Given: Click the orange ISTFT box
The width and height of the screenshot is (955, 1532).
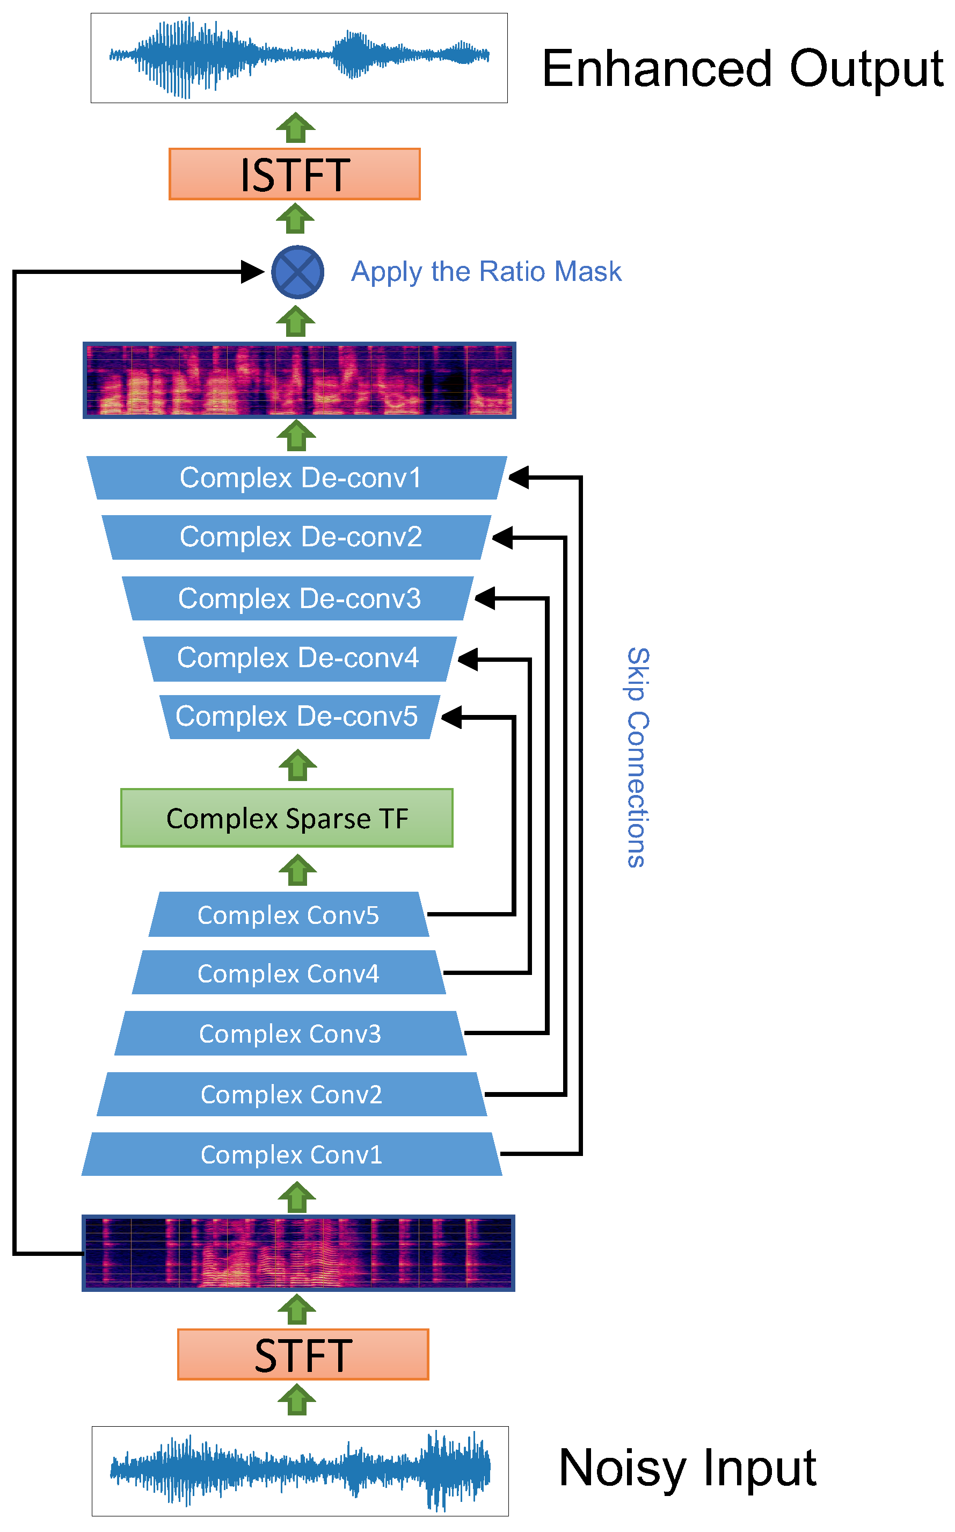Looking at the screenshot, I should (x=294, y=175).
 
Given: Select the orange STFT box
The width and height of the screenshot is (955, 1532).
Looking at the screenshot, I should (x=303, y=1354).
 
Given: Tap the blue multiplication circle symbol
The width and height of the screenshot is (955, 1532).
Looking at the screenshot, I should (x=297, y=272).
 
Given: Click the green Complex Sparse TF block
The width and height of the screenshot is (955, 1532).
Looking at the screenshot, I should (x=287, y=818).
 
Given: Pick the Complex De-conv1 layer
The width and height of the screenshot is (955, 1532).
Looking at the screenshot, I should (x=297, y=478).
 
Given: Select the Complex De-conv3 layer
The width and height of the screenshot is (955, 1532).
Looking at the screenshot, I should (x=297, y=598).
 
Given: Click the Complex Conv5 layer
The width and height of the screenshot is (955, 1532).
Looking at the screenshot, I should (x=289, y=914).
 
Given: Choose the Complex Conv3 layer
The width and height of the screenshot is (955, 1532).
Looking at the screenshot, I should (x=290, y=1034).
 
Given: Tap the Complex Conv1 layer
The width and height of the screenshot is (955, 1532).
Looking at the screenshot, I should (x=291, y=1154).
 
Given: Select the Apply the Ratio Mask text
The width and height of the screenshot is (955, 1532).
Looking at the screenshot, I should (x=486, y=272).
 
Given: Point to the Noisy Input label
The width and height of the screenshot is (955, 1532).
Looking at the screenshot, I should (x=687, y=1468).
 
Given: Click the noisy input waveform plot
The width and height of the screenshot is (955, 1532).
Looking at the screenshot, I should (x=300, y=1471).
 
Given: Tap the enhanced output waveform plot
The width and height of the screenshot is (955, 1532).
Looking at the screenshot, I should (x=299, y=57).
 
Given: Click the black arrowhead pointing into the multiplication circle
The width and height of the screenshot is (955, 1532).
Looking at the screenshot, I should (x=253, y=272).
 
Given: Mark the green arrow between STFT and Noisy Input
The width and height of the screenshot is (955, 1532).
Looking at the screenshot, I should (x=297, y=1400).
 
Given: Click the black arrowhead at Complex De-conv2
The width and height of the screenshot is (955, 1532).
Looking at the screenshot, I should (x=502, y=538).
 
